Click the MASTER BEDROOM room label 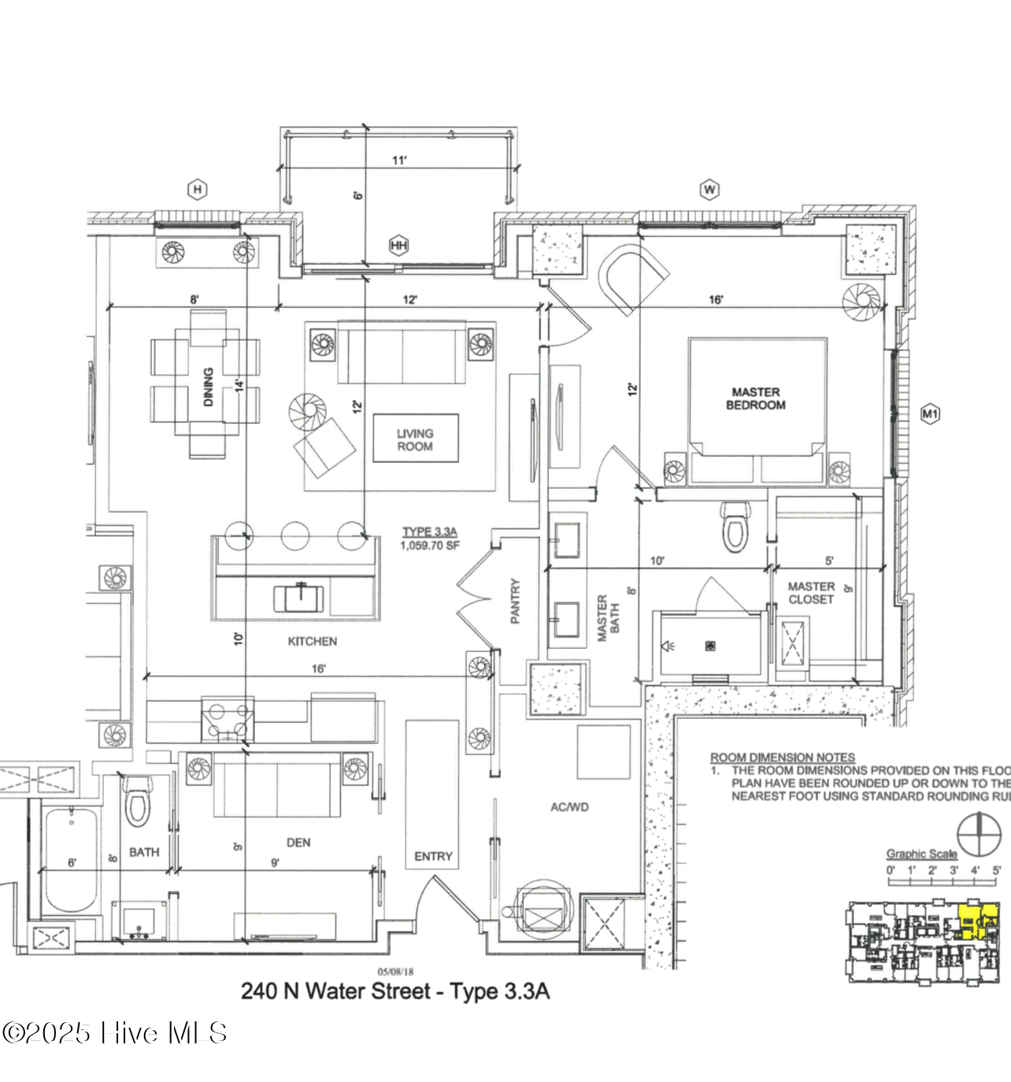pyautogui.click(x=755, y=398)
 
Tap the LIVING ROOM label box pyautogui.click(x=415, y=439)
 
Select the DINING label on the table pyautogui.click(x=209, y=387)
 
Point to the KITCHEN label pyautogui.click(x=312, y=642)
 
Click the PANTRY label pyautogui.click(x=515, y=601)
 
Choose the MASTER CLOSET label pyautogui.click(x=811, y=593)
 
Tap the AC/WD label pyautogui.click(x=569, y=807)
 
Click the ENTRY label pyautogui.click(x=433, y=856)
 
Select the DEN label pyautogui.click(x=298, y=843)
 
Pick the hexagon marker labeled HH pyautogui.click(x=399, y=246)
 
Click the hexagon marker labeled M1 pyautogui.click(x=930, y=413)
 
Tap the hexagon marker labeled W pyautogui.click(x=709, y=189)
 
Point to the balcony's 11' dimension pyautogui.click(x=399, y=161)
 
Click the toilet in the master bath pyautogui.click(x=735, y=528)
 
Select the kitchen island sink pyautogui.click(x=298, y=598)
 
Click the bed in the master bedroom pyautogui.click(x=757, y=409)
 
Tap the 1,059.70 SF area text pyautogui.click(x=430, y=546)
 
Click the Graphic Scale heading pyautogui.click(x=921, y=854)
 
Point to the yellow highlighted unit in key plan pyautogui.click(x=976, y=921)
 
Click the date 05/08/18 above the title pyautogui.click(x=395, y=972)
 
